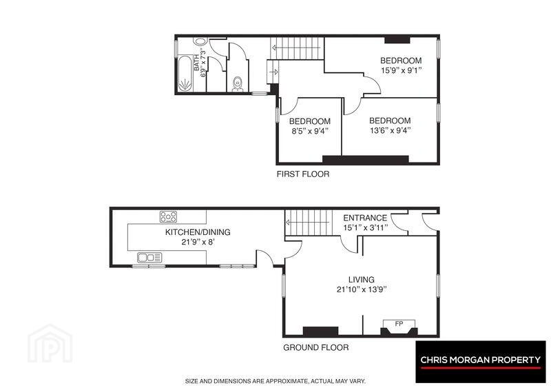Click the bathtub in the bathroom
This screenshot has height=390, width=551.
point(185,73)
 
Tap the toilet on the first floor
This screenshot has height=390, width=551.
point(238,83)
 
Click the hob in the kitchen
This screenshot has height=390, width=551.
point(168,216)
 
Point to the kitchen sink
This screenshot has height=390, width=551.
point(149,258)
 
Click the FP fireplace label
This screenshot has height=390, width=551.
point(399,323)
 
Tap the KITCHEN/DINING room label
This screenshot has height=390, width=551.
point(198,232)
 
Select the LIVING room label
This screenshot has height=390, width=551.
point(361,280)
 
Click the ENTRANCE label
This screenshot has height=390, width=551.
point(365,218)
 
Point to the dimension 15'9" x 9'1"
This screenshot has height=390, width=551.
point(402,70)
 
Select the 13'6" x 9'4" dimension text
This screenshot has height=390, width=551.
point(391,130)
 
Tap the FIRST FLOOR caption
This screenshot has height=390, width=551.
point(303,174)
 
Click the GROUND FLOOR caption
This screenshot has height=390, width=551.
point(316,347)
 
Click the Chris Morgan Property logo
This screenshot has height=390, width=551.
point(481,362)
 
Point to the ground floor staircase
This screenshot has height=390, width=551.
point(309,223)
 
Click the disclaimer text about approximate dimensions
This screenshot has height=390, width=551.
point(275,381)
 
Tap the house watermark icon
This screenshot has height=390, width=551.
point(50,344)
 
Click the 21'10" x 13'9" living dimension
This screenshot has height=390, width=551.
point(362,289)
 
